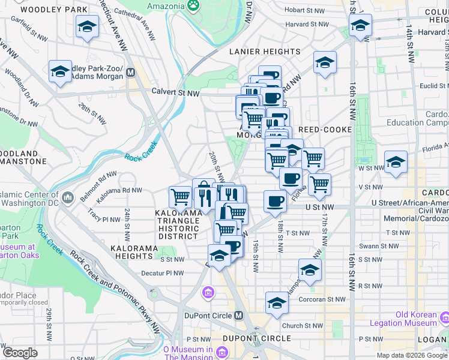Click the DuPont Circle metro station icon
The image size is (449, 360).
coord(239,316)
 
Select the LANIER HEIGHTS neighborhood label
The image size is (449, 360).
coord(265,52)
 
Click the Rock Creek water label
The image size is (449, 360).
coord(140,158)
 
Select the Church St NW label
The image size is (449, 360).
coord(305,326)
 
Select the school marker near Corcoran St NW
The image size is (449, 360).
coord(277,302)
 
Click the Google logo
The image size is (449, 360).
coord(20,353)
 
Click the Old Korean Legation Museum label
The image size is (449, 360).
coord(420,319)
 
